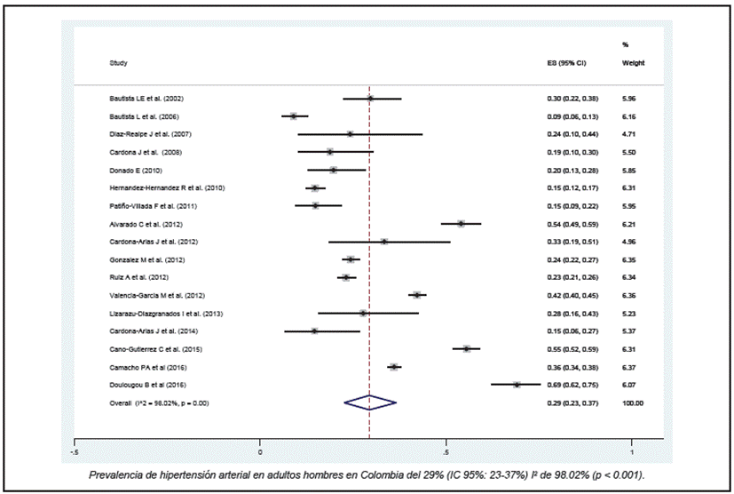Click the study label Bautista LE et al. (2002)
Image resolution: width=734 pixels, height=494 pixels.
point(146,99)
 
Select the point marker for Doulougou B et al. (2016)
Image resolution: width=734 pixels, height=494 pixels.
point(517,385)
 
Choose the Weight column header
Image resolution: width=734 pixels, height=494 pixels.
point(633,64)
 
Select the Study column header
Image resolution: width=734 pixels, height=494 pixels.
point(118,64)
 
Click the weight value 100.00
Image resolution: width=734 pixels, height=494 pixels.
point(633,403)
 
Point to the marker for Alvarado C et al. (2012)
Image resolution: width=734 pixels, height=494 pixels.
point(461,224)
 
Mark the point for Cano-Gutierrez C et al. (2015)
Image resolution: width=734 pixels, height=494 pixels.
point(467,349)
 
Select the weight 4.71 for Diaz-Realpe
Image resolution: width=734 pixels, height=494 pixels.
point(628,134)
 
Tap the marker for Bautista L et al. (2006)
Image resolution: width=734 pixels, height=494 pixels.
point(294,116)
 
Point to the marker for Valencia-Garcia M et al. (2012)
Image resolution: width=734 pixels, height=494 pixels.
point(416,295)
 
